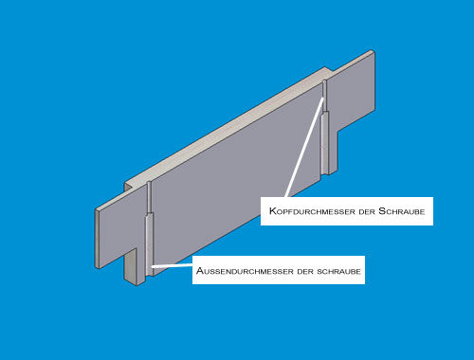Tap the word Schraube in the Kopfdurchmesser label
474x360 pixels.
(x=402, y=211)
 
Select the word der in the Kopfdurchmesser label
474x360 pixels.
(x=367, y=211)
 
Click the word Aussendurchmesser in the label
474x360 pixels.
(x=245, y=271)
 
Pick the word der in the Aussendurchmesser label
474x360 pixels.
(x=305, y=272)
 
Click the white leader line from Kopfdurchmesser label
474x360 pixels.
(x=304, y=148)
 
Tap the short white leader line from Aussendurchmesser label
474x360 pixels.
(x=172, y=265)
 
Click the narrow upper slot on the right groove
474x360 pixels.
(x=324, y=96)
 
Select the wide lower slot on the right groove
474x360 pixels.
(x=325, y=142)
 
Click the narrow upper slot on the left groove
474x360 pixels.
(x=149, y=197)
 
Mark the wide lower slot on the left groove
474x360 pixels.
(x=150, y=243)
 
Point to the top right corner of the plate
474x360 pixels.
(x=374, y=51)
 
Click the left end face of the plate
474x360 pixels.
(x=98, y=239)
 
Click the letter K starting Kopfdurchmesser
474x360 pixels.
(x=273, y=211)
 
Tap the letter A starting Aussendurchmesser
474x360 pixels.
(x=200, y=271)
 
